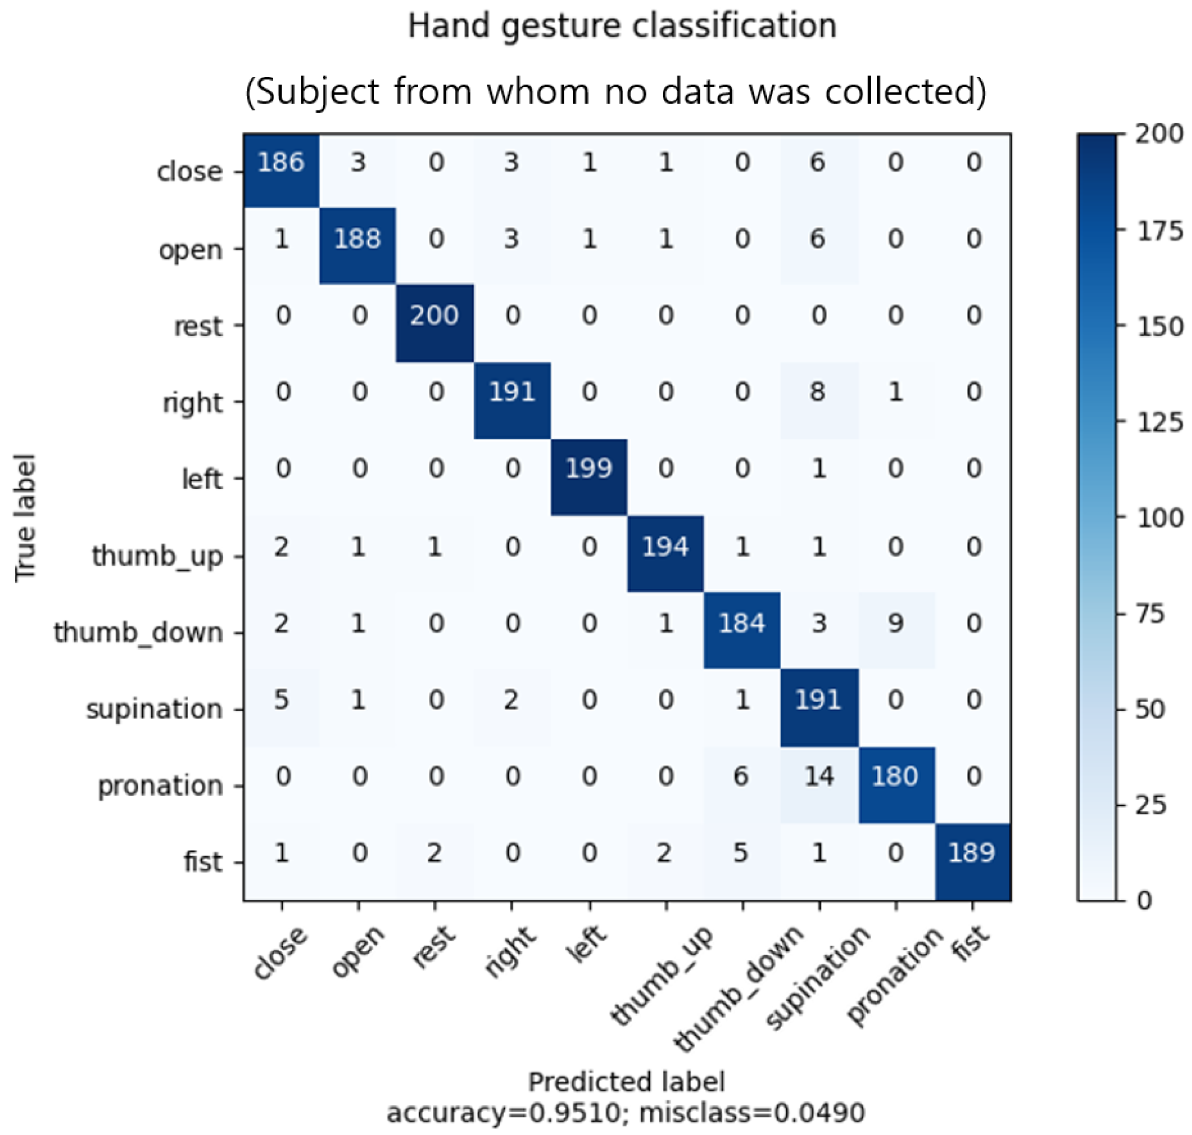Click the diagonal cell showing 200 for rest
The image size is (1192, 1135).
(x=434, y=316)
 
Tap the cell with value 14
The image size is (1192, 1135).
(x=819, y=776)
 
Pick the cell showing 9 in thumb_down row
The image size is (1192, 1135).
(x=895, y=623)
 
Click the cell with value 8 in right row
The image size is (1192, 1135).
(x=819, y=393)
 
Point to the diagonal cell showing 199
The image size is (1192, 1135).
(x=589, y=469)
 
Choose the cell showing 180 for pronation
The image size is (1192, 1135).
(x=895, y=776)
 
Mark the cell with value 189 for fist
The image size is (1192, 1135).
(x=972, y=853)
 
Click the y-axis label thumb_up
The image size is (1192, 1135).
(x=157, y=556)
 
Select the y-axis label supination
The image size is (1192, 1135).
(x=154, y=709)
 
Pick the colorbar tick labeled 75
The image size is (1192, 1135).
(x=1149, y=614)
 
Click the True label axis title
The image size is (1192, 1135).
(x=25, y=518)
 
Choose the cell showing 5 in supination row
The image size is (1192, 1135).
(x=281, y=700)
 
